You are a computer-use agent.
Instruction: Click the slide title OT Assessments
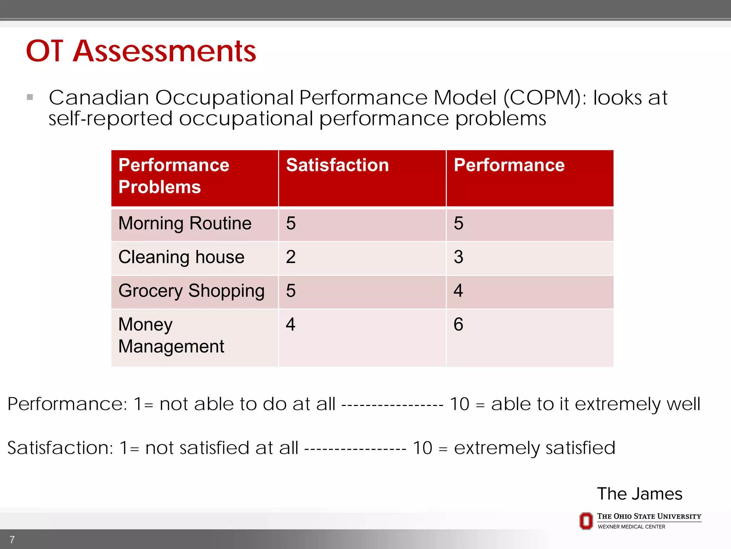click(141, 51)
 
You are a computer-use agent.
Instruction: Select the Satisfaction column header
click(337, 165)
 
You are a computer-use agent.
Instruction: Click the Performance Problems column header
click(174, 176)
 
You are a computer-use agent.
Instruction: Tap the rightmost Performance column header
click(509, 165)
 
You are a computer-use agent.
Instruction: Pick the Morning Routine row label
click(185, 224)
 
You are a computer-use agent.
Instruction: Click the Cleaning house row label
click(181, 257)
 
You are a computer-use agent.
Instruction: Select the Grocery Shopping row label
click(191, 291)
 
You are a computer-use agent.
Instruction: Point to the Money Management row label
click(171, 336)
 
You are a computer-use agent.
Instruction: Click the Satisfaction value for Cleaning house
click(291, 257)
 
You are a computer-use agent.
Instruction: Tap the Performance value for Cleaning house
click(459, 257)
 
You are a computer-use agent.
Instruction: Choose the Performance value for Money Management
click(459, 325)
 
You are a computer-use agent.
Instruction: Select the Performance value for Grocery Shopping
click(459, 291)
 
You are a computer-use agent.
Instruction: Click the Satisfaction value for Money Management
click(291, 325)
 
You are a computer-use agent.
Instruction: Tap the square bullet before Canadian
click(30, 97)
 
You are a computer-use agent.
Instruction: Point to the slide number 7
click(12, 540)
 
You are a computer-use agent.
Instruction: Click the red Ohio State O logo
click(586, 521)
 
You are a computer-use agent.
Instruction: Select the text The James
click(640, 494)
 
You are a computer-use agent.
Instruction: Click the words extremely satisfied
click(534, 448)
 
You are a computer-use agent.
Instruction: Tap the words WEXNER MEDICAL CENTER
click(631, 527)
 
